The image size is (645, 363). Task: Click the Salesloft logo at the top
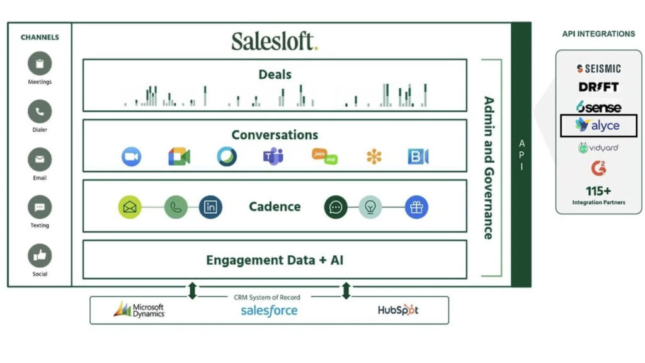click(275, 41)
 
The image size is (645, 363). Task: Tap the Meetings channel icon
click(40, 64)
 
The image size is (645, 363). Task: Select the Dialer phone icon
click(40, 112)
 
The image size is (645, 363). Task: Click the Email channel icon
click(40, 159)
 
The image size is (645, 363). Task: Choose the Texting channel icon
click(40, 207)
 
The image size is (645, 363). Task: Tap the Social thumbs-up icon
click(40, 255)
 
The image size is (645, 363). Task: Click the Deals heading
click(275, 74)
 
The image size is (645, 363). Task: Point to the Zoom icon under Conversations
click(131, 156)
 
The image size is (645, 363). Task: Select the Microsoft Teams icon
click(273, 156)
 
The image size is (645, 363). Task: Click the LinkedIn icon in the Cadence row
click(210, 207)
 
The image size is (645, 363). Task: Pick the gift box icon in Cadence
click(416, 207)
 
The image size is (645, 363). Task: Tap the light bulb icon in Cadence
click(370, 207)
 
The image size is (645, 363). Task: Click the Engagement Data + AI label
click(275, 260)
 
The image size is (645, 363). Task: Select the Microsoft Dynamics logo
click(139, 309)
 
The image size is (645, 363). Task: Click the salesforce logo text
click(269, 310)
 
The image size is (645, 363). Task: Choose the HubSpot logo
click(397, 309)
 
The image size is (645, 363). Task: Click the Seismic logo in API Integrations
click(598, 69)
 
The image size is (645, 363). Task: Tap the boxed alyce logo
click(598, 125)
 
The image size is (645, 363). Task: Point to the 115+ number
click(598, 190)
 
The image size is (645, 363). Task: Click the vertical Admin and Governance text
click(488, 168)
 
